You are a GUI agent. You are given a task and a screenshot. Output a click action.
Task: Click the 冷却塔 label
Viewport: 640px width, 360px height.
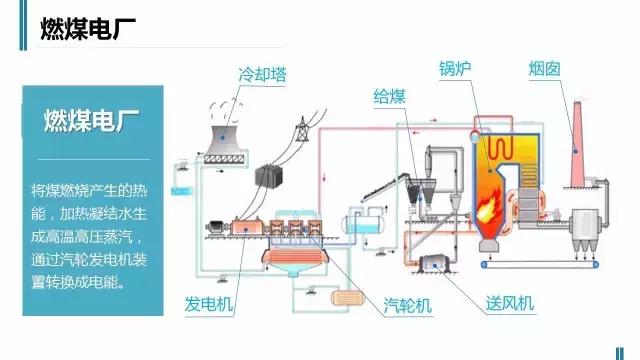(x=258, y=75)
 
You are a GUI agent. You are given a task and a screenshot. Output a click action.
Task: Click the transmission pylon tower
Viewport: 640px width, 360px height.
(x=300, y=140)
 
